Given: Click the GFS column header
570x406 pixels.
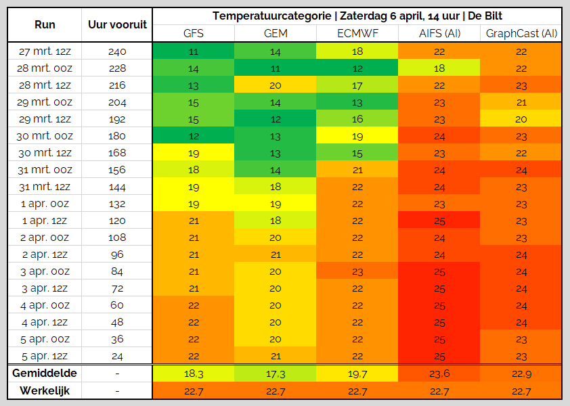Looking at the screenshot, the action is (x=194, y=33).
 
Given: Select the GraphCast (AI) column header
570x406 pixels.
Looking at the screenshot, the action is (x=521, y=33).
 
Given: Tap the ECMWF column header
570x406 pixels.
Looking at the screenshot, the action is (x=357, y=33).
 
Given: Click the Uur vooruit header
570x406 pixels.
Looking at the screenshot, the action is (x=117, y=24).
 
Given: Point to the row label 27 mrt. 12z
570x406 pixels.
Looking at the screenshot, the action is (x=45, y=51).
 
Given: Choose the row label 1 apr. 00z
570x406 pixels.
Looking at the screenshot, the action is (x=45, y=204).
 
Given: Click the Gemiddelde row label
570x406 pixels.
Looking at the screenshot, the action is (x=45, y=373).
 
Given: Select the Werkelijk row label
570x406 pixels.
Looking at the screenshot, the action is (x=45, y=390).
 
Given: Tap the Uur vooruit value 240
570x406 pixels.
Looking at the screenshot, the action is (x=117, y=51).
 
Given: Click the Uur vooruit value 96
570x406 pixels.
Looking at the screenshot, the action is (x=117, y=254).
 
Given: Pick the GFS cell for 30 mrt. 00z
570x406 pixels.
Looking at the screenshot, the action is (x=194, y=136).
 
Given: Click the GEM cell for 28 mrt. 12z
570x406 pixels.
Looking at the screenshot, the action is (x=276, y=85).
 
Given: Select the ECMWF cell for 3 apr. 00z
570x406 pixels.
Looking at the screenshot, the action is (x=357, y=271).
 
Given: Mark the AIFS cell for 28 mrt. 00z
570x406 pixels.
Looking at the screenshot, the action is (x=439, y=68).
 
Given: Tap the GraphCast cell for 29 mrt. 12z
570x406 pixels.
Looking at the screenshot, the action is (x=521, y=119).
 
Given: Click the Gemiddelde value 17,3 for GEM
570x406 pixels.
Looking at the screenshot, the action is (x=276, y=374).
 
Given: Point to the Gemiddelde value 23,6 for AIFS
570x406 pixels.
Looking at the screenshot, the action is (x=439, y=374).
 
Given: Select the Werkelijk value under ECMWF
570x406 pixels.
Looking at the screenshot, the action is (x=357, y=391).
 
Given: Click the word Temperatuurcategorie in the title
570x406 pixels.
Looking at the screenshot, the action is (x=272, y=16).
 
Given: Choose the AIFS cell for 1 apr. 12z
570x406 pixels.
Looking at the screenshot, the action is (x=439, y=221).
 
